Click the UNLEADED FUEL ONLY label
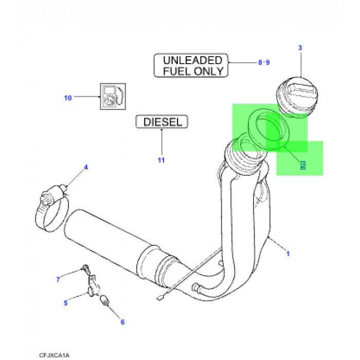(191, 66)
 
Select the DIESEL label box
(162, 122)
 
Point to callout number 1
(288, 254)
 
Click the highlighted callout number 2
(303, 166)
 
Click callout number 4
(86, 167)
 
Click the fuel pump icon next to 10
(112, 96)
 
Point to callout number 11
(161, 160)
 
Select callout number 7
(58, 279)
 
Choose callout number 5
(65, 303)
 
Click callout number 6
(122, 322)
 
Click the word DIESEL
(162, 122)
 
